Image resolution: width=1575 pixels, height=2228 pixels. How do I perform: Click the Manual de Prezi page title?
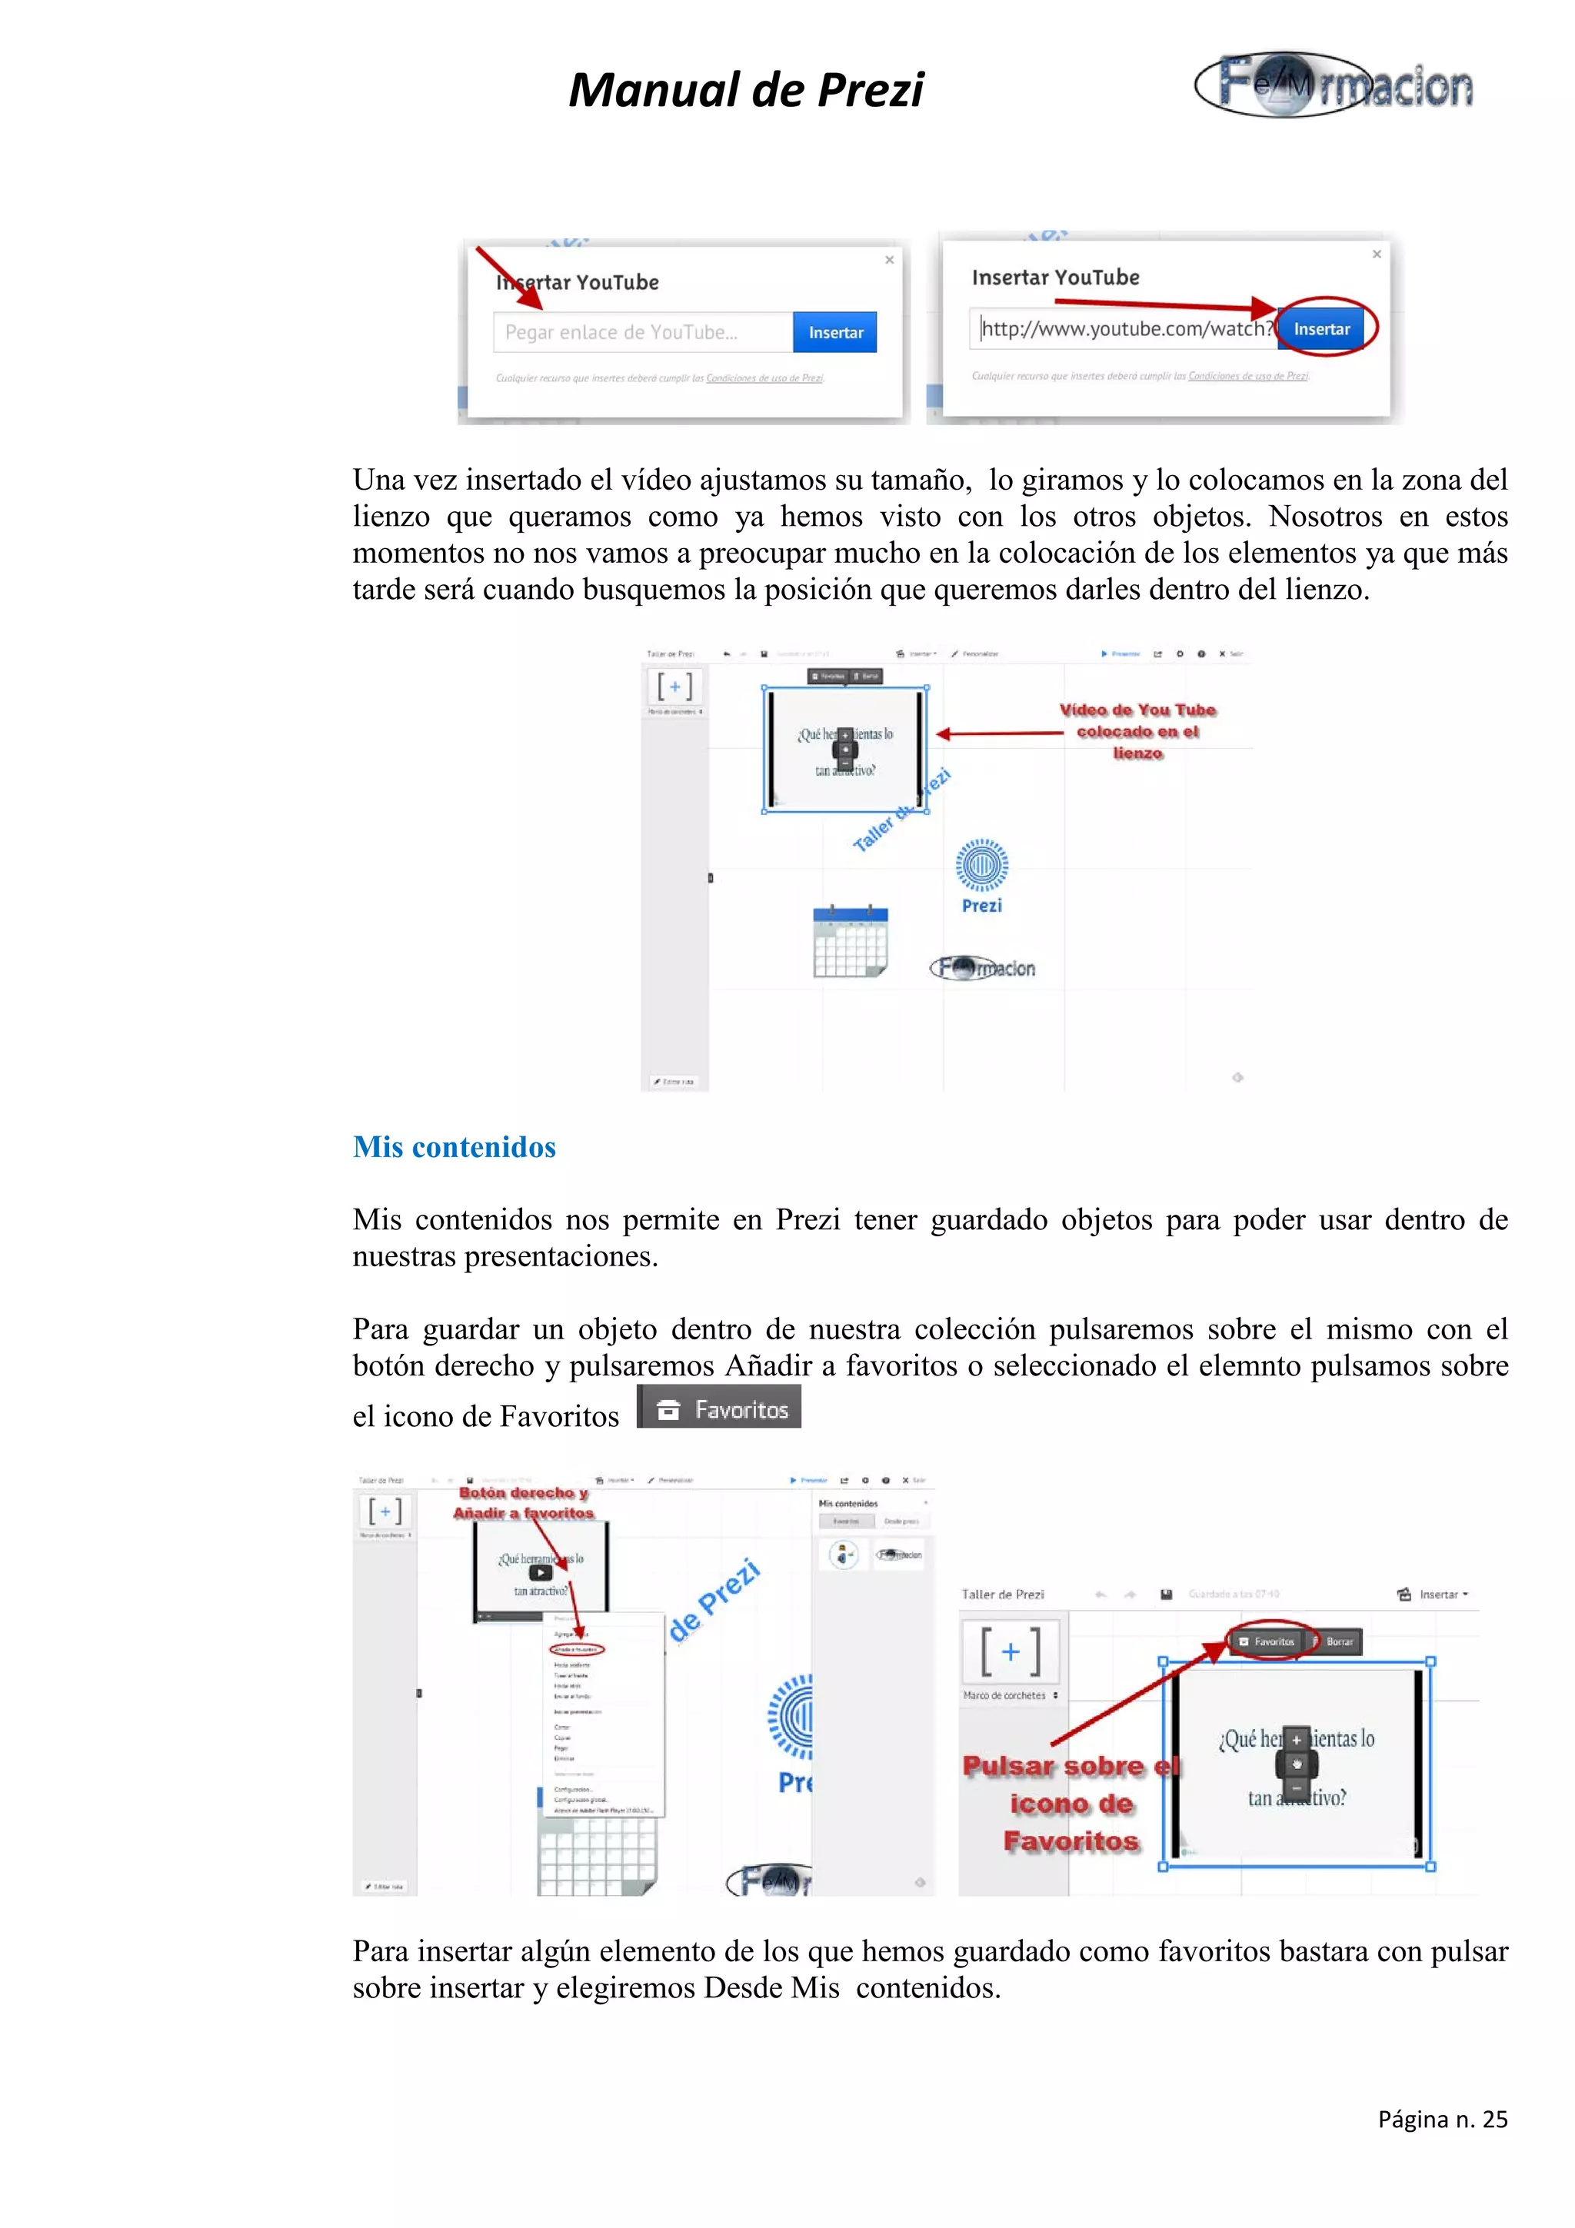pyautogui.click(x=745, y=90)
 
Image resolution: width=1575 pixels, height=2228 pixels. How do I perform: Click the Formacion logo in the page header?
pyautogui.click(x=1334, y=85)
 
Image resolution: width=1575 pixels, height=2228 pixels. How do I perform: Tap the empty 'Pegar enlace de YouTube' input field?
pyautogui.click(x=642, y=333)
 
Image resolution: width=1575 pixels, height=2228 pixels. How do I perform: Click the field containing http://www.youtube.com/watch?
pyautogui.click(x=1123, y=329)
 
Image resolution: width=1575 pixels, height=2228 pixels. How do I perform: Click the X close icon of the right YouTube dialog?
pyautogui.click(x=1376, y=254)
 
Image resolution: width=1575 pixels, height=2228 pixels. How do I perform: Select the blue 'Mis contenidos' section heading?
pyautogui.click(x=455, y=1147)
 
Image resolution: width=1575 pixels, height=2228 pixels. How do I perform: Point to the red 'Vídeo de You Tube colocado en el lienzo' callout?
pyautogui.click(x=1137, y=730)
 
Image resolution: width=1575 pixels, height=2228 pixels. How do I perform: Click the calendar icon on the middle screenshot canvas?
pyautogui.click(x=850, y=941)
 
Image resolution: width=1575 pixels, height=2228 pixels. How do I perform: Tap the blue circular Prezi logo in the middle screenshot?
pyautogui.click(x=981, y=866)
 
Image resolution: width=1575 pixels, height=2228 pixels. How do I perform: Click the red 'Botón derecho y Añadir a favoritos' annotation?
pyautogui.click(x=523, y=1503)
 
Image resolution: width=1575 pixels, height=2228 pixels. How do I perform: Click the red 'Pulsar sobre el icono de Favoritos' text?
pyautogui.click(x=1071, y=1803)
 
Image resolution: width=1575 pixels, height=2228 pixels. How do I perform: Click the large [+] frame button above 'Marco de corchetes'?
pyautogui.click(x=1011, y=1651)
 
